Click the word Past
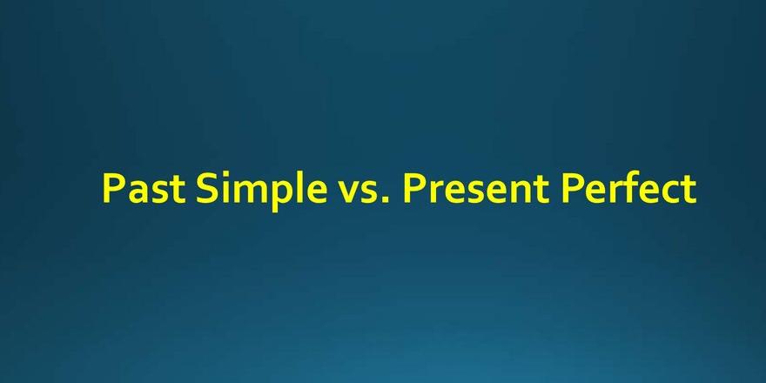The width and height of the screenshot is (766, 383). coord(144,189)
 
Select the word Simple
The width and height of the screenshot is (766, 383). coord(261,191)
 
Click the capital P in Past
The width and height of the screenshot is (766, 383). coord(113,189)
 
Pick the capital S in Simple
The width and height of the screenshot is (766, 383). coord(206,188)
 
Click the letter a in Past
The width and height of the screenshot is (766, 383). coord(138,193)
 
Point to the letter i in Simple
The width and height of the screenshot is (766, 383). coord(226,188)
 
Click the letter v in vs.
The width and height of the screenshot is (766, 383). coord(349,193)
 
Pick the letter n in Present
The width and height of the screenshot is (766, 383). coord(521,193)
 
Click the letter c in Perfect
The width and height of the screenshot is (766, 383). coord(670,193)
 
